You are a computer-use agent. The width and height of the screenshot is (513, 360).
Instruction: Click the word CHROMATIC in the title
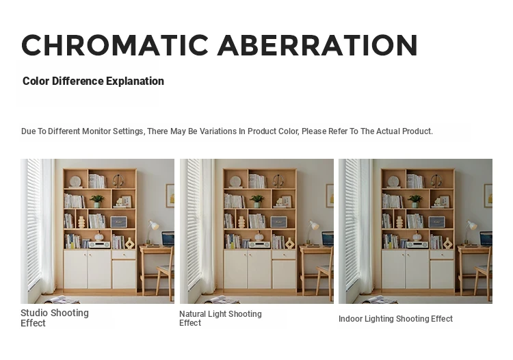coord(115,45)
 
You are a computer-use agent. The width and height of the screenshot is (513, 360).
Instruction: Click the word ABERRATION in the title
coord(317,45)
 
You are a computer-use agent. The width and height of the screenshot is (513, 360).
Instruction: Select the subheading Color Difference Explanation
coord(93,81)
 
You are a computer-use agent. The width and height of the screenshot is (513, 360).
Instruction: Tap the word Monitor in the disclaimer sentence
coord(96,131)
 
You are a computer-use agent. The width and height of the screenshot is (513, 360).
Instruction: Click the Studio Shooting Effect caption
coord(55,318)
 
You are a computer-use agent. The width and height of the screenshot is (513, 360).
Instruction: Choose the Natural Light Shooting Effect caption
coord(220,318)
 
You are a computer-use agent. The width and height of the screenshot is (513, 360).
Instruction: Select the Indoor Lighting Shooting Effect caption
coord(395,319)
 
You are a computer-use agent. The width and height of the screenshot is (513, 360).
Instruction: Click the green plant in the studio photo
coord(97,201)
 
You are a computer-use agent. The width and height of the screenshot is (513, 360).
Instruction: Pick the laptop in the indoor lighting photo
coord(486,239)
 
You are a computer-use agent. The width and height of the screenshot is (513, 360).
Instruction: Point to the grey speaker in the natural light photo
coord(279,222)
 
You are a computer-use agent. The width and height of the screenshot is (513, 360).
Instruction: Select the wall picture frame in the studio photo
coord(170,195)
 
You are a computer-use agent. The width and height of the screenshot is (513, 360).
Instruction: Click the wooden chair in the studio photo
coord(165,275)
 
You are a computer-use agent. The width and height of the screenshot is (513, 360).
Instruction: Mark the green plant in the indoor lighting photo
coord(415,201)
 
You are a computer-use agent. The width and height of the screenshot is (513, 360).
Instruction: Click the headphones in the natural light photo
coord(278,181)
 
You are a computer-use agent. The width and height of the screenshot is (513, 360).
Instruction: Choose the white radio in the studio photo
coord(99,244)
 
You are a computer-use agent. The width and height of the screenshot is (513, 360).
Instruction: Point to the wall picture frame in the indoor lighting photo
coord(488,195)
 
